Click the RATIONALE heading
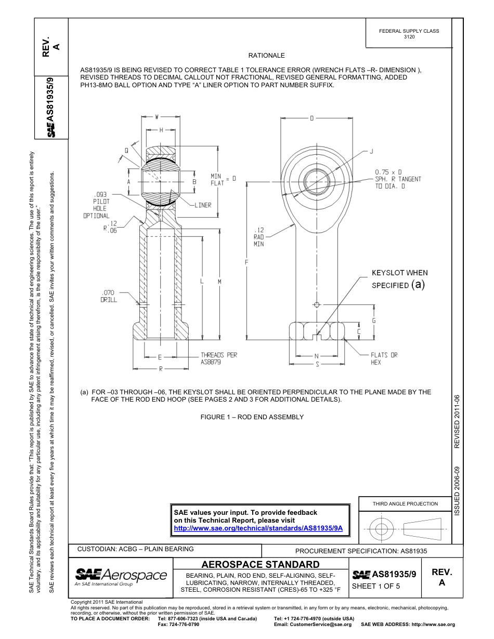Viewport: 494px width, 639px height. (x=266, y=56)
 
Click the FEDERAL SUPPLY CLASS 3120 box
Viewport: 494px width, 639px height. (x=409, y=34)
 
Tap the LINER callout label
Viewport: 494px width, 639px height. (x=203, y=205)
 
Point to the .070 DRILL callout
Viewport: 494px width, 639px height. (x=109, y=296)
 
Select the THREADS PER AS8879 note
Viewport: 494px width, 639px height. (x=219, y=358)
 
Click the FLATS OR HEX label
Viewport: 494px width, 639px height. (x=384, y=358)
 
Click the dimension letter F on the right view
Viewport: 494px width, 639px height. (x=246, y=262)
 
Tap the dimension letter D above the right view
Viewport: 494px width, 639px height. (x=312, y=118)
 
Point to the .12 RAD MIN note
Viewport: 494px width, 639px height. (x=259, y=236)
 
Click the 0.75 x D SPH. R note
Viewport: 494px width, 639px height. (x=398, y=179)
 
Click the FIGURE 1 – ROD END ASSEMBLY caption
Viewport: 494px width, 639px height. (x=252, y=417)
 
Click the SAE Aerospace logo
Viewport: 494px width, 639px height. (x=121, y=576)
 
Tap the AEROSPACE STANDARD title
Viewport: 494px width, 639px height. (x=260, y=564)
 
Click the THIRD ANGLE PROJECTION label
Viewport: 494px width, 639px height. (x=405, y=503)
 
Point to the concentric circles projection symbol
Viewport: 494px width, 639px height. (x=381, y=529)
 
